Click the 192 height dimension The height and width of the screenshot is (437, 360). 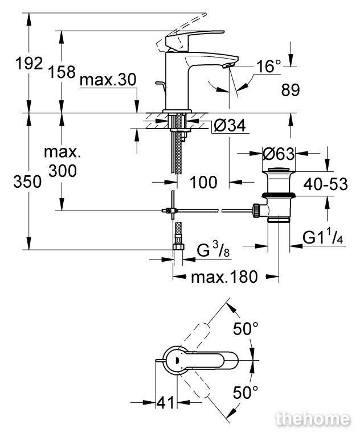tap(29, 63)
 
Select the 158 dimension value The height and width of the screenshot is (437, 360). tap(62, 72)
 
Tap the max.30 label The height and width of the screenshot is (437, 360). tap(108, 80)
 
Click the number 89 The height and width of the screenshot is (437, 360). tap(291, 90)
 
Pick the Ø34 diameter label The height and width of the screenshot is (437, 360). tap(230, 125)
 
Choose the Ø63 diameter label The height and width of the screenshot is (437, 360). tap(279, 154)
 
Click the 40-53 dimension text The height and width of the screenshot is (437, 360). tap(325, 184)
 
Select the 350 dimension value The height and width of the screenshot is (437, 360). tap(27, 182)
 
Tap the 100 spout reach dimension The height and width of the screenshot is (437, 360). tap(203, 182)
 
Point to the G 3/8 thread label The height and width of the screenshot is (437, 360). tap(213, 250)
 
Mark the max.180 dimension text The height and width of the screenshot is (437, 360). tap(224, 277)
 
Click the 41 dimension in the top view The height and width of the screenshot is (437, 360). tap(165, 402)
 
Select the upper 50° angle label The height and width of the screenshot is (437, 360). tap(246, 328)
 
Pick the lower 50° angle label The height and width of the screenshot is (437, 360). tap(246, 393)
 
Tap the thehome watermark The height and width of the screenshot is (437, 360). tap(313, 419)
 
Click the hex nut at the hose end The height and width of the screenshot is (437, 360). tap(178, 246)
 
